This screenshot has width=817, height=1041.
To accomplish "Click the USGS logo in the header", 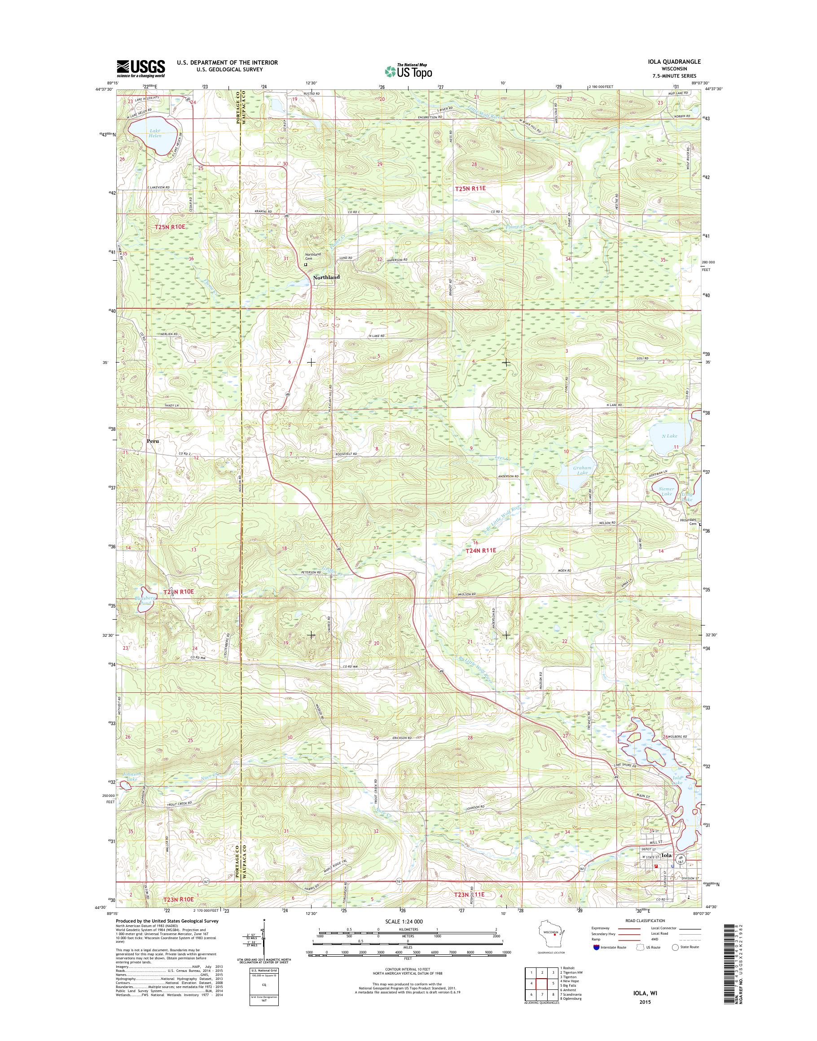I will [x=141, y=69].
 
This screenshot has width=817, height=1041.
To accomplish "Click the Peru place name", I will [x=153, y=442].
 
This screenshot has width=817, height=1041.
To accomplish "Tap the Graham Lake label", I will [x=582, y=471].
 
